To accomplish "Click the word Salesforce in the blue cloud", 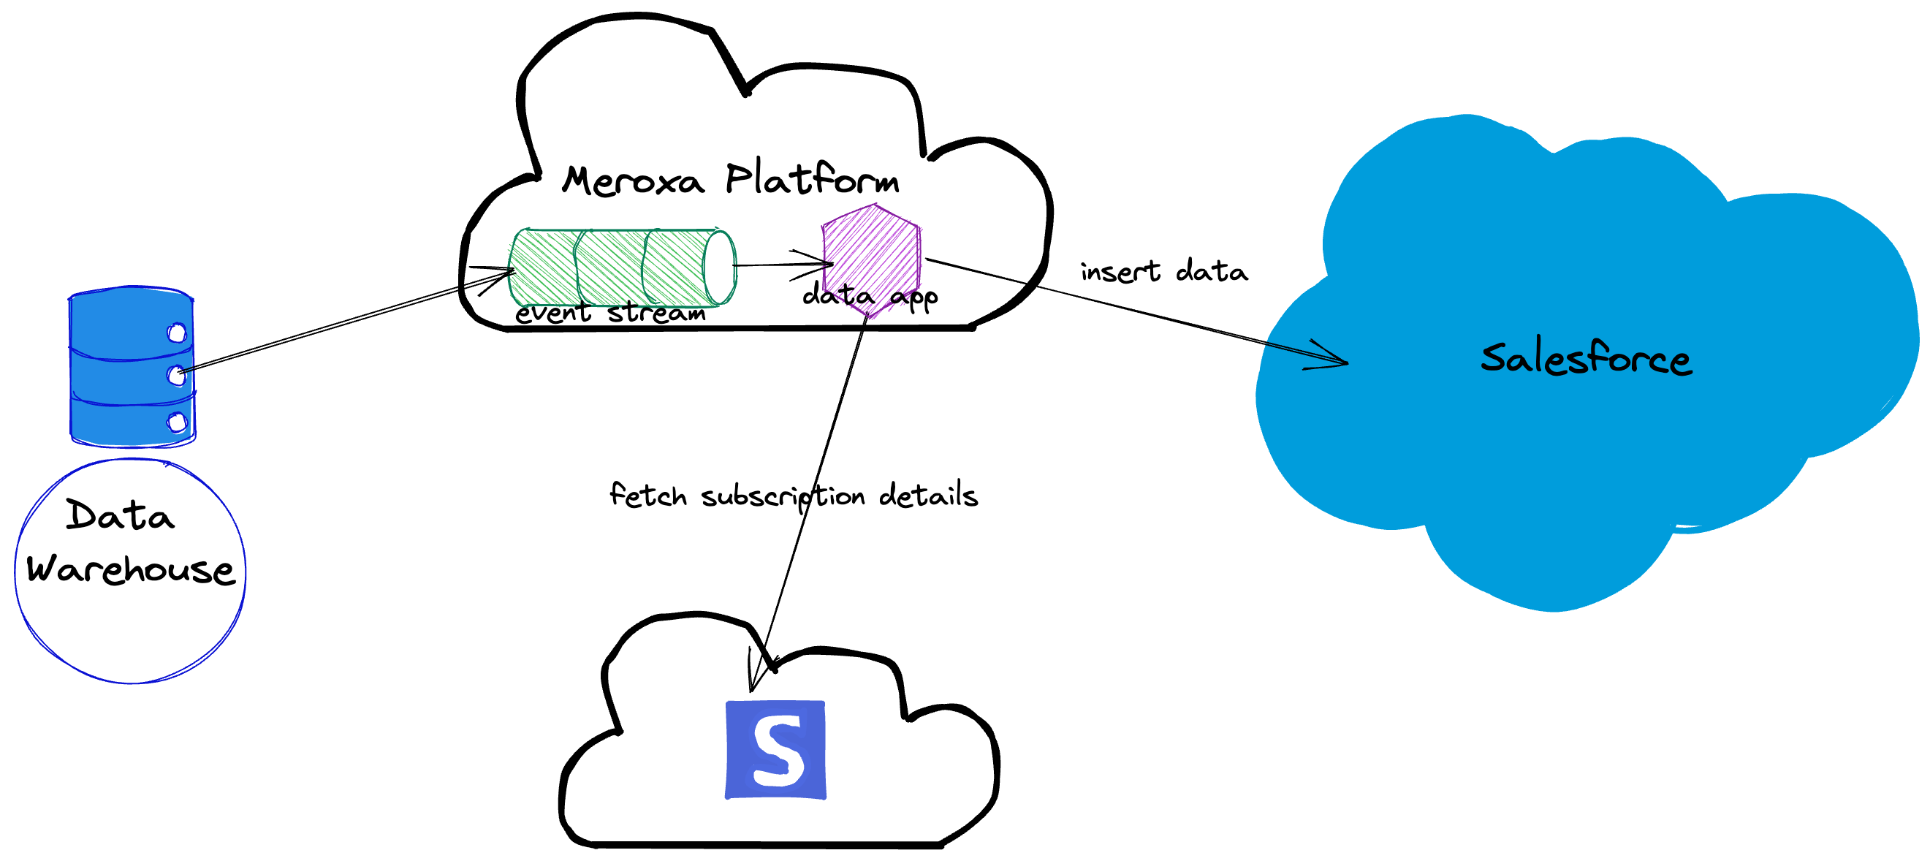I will (x=1585, y=358).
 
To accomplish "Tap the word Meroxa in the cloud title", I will (x=633, y=181).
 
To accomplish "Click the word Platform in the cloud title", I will (x=812, y=178).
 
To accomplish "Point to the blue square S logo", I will (x=775, y=749).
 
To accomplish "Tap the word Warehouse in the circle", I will (x=130, y=569).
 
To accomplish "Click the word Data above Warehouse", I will (x=120, y=515).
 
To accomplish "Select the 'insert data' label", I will (x=1163, y=271).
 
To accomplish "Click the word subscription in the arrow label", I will (x=783, y=497).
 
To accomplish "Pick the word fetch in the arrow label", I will (x=648, y=496).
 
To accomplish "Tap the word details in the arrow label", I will (x=928, y=496).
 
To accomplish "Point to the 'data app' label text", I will (x=870, y=296).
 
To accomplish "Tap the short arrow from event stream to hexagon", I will (x=783, y=265).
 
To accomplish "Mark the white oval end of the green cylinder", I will (x=719, y=268).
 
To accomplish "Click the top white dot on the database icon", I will (x=178, y=332).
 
